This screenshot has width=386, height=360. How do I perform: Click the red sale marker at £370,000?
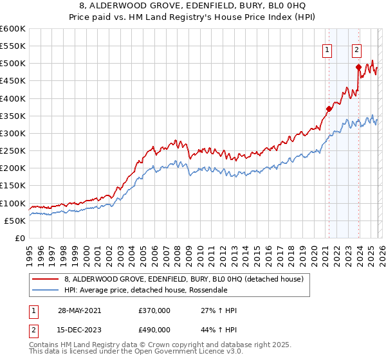pyautogui.click(x=329, y=109)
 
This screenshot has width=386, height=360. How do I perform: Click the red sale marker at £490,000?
pyautogui.click(x=358, y=67)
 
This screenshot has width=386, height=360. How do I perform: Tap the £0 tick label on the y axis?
pyautogui.click(x=21, y=239)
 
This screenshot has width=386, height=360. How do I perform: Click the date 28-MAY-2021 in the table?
pyautogui.click(x=79, y=310)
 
